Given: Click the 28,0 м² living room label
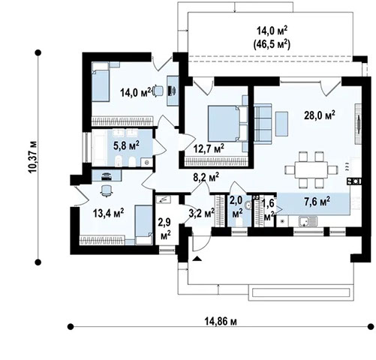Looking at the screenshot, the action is click(x=320, y=115).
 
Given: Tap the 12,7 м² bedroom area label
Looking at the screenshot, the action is click(x=209, y=149).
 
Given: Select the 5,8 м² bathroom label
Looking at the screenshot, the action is click(x=126, y=145).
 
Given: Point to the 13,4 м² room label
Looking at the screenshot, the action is click(x=108, y=213).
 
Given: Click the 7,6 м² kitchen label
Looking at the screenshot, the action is click(x=317, y=201).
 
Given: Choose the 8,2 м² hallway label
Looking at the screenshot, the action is click(x=206, y=177).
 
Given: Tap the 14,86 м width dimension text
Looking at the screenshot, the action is click(x=221, y=321).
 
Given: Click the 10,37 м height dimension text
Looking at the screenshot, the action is click(x=33, y=157).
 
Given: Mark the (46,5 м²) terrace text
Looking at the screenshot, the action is click(x=272, y=44).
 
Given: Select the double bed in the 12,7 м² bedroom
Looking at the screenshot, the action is click(x=227, y=124).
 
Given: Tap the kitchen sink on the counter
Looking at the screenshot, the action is click(x=308, y=221).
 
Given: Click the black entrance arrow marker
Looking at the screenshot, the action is click(x=197, y=259).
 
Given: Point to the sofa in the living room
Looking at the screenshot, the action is click(x=263, y=124).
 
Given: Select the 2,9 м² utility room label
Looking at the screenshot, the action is click(x=165, y=229).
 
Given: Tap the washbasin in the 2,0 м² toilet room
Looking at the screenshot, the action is click(x=248, y=205).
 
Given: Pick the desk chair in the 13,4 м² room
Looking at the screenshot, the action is click(x=106, y=191).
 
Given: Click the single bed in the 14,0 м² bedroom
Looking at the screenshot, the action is click(x=101, y=82).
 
